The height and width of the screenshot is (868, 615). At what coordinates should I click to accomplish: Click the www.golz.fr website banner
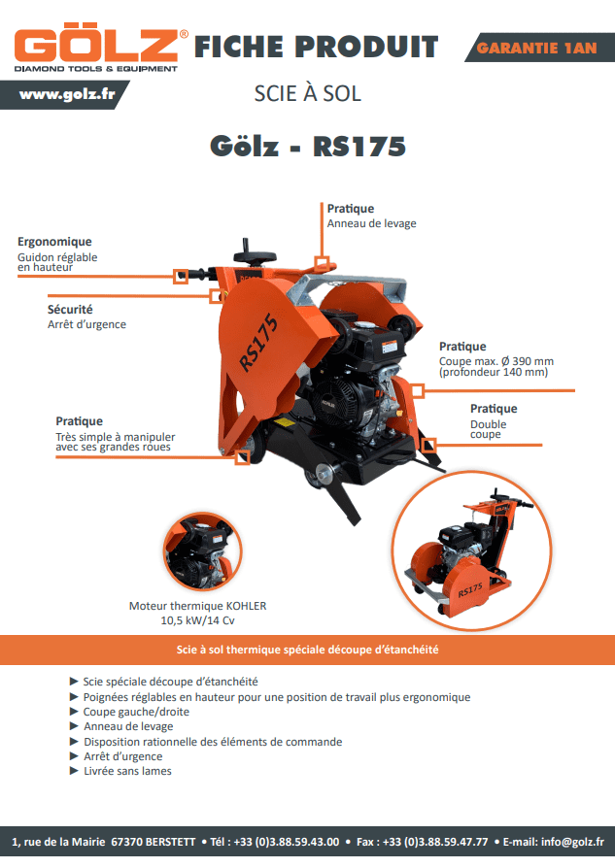coord(65,94)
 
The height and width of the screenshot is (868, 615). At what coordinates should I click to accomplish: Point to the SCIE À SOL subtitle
coord(307,93)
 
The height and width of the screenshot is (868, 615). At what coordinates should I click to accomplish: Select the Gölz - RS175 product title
coord(307,147)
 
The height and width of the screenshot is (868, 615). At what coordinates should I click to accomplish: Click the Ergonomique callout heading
coord(54,242)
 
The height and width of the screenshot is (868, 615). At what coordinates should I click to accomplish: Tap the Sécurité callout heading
coord(70,310)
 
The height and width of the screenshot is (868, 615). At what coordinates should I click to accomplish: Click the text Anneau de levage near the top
coord(371,223)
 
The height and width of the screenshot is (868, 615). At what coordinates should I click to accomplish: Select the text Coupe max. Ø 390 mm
coord(496,361)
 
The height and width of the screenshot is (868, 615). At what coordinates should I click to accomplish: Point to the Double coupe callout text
coord(488,429)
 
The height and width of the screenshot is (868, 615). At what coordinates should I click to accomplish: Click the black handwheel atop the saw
coord(255,254)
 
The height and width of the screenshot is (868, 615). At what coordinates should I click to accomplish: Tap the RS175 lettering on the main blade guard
coord(258,342)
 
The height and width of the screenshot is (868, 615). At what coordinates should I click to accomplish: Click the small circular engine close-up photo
coord(203,551)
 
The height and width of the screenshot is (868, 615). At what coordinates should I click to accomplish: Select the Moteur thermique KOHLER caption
coord(198,606)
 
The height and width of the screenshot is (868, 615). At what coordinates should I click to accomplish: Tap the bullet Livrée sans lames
coord(127,771)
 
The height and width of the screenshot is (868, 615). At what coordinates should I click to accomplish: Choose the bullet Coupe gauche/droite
coord(136,712)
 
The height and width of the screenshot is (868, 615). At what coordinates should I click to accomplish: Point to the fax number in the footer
coord(423,842)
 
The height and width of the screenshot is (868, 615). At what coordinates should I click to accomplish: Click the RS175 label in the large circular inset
coord(470,590)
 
